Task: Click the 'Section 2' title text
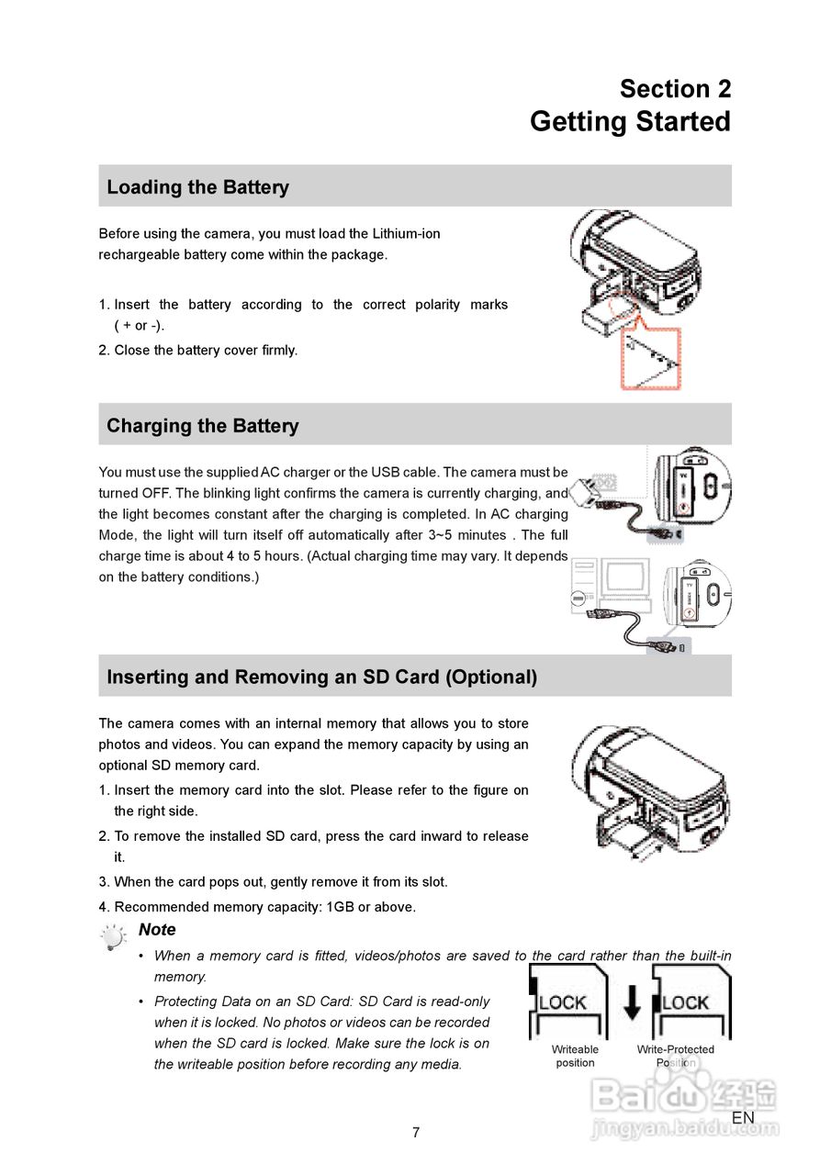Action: (x=675, y=89)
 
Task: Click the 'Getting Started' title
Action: (x=630, y=121)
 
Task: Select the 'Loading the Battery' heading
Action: (x=197, y=187)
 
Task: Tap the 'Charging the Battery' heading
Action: (x=202, y=426)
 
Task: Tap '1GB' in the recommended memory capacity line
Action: (x=342, y=907)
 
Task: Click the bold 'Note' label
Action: (x=157, y=930)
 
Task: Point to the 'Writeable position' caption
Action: (x=575, y=1056)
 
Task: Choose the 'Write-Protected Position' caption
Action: (x=676, y=1056)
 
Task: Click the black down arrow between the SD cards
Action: (x=633, y=1002)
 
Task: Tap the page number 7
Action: (x=416, y=1133)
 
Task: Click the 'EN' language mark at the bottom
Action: (x=743, y=1117)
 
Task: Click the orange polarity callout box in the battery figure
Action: (x=651, y=359)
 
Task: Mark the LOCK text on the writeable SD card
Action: (x=563, y=1002)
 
